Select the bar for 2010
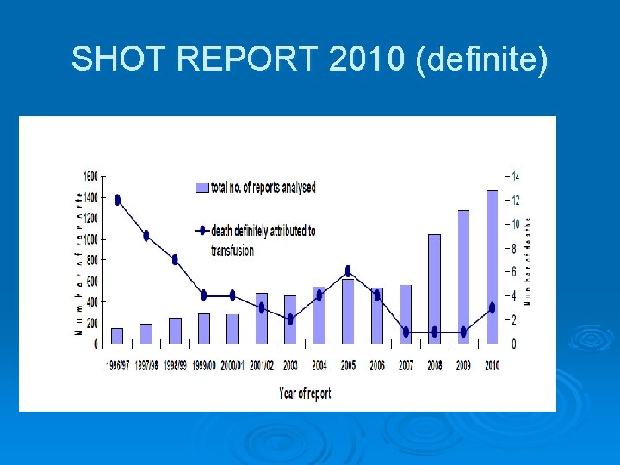[x=492, y=267]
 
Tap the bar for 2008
[x=434, y=289]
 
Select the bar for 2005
[x=348, y=311]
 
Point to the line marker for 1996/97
[x=117, y=200]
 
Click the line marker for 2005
[x=348, y=271]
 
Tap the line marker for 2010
[x=492, y=307]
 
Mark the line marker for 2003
[x=290, y=319]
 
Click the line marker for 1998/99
[x=175, y=259]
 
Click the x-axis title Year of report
[x=305, y=393]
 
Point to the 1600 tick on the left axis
[x=90, y=176]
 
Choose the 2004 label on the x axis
[x=319, y=365]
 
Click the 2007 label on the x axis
[x=406, y=365]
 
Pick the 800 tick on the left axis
[x=91, y=259]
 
